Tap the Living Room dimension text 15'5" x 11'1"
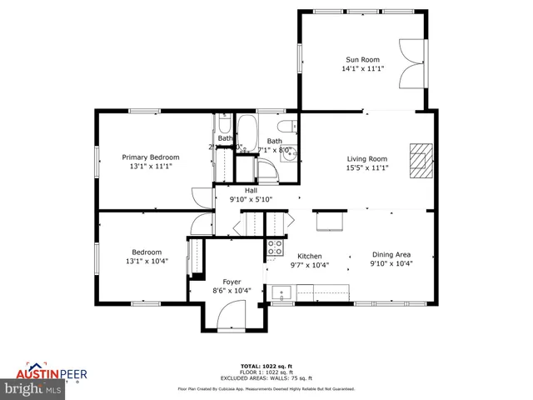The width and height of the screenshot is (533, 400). point(367,167)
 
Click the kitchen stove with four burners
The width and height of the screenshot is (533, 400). point(274,247)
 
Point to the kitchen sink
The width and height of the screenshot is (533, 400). point(280,293)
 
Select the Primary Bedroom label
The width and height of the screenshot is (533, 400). point(151,157)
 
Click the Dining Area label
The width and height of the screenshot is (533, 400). point(391,256)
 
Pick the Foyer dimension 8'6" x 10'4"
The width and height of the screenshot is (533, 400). point(232,291)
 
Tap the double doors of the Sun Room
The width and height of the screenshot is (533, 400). point(412,62)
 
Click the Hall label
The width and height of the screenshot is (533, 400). point(251,190)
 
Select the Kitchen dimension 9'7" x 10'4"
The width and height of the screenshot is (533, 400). point(310,266)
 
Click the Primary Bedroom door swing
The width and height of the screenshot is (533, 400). point(202,197)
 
